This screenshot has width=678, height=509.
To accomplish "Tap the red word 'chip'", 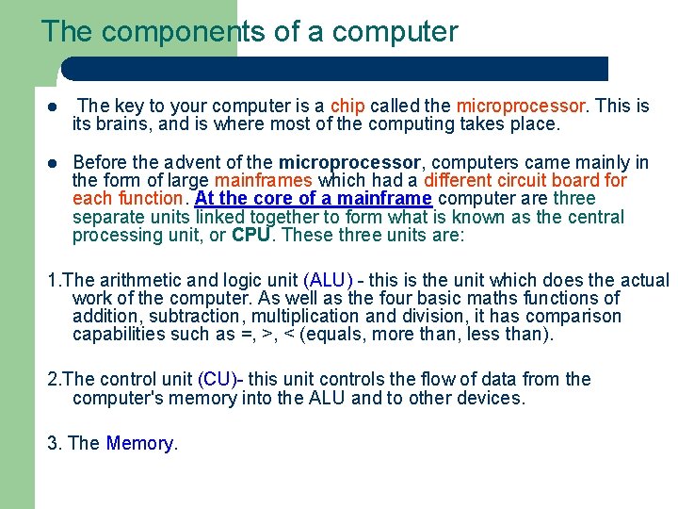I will click(x=348, y=106).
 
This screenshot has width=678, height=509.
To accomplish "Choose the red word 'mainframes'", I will click(x=264, y=180).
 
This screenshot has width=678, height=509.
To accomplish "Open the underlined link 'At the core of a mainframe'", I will click(x=314, y=199).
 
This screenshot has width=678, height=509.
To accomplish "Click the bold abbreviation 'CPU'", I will click(x=251, y=236).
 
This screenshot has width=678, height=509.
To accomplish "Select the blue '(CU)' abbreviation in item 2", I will click(x=217, y=380).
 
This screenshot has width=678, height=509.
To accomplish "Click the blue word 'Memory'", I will click(x=140, y=443).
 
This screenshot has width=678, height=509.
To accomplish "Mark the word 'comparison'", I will click(x=573, y=317).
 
